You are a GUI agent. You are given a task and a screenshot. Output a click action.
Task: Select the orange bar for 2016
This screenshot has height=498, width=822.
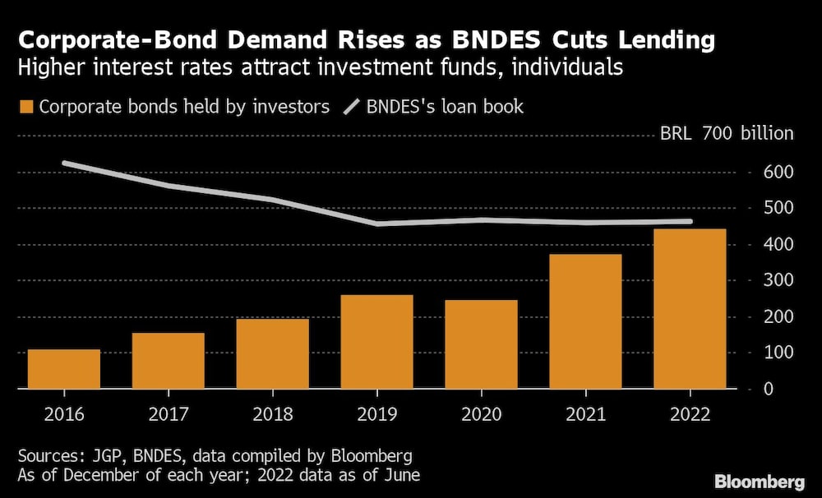pos(64,369)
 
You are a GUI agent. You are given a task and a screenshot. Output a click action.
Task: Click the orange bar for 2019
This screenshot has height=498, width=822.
pos(376,341)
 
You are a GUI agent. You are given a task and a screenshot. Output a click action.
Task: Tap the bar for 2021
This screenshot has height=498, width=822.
pos(585,321)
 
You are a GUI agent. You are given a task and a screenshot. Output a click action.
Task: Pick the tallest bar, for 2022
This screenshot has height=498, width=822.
pos(690,308)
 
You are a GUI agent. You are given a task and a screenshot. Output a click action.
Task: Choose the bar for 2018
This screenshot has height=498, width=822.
pos(272,353)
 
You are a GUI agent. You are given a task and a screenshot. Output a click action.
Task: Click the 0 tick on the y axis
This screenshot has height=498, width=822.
pos(768,389)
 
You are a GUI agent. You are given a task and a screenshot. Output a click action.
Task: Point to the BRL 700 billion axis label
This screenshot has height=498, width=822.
pos(727,134)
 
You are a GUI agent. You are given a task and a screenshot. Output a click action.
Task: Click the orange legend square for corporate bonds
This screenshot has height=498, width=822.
pos(25,107)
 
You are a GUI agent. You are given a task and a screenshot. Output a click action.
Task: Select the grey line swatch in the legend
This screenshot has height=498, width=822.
pos(353,107)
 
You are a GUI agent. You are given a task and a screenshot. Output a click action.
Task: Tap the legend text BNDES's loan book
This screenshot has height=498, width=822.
pos(445,107)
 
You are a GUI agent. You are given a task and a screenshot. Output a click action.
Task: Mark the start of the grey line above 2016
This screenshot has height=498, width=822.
pos(64,164)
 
